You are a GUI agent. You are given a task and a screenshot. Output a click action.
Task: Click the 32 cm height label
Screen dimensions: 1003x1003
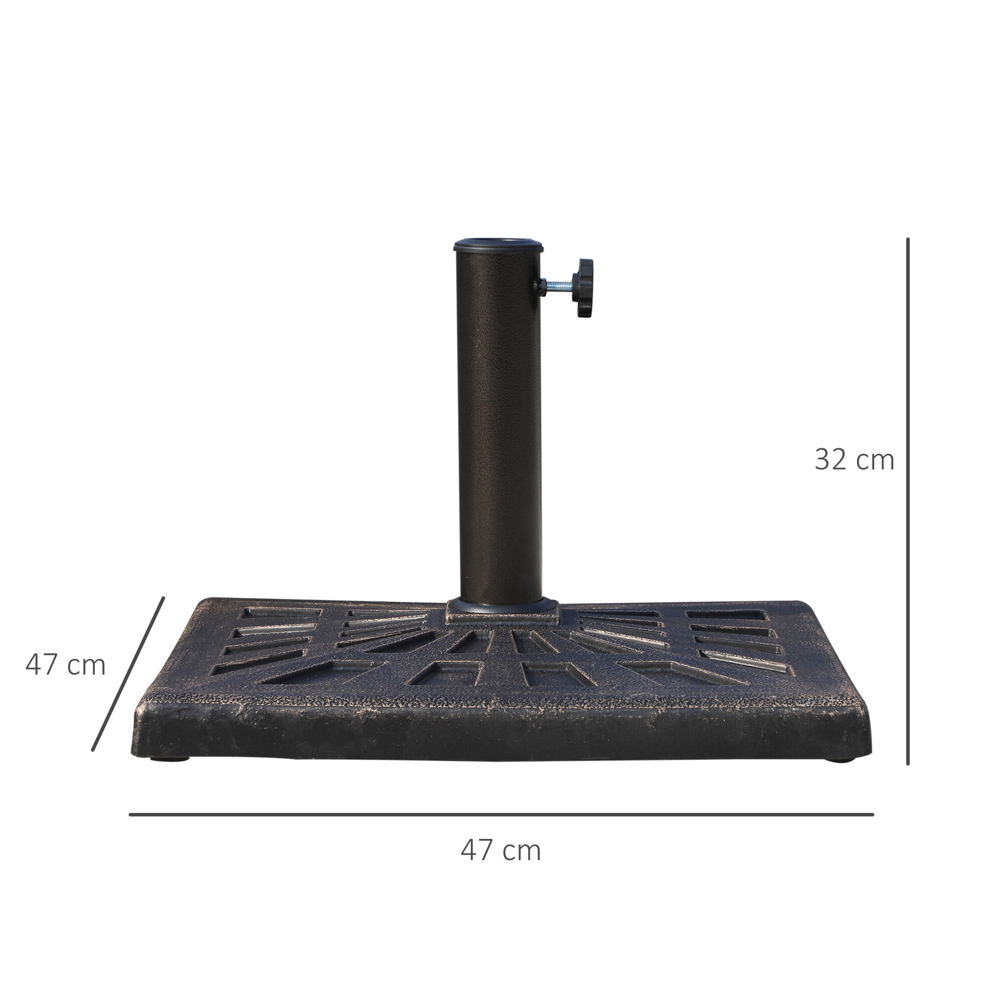854,460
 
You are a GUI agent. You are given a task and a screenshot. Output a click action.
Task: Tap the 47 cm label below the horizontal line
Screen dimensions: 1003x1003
500,851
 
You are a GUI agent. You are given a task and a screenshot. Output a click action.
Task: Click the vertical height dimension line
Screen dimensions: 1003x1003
908,501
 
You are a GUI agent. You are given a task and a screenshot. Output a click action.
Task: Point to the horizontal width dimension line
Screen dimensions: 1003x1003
501,814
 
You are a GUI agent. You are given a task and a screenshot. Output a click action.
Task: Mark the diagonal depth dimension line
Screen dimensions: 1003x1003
128,674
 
